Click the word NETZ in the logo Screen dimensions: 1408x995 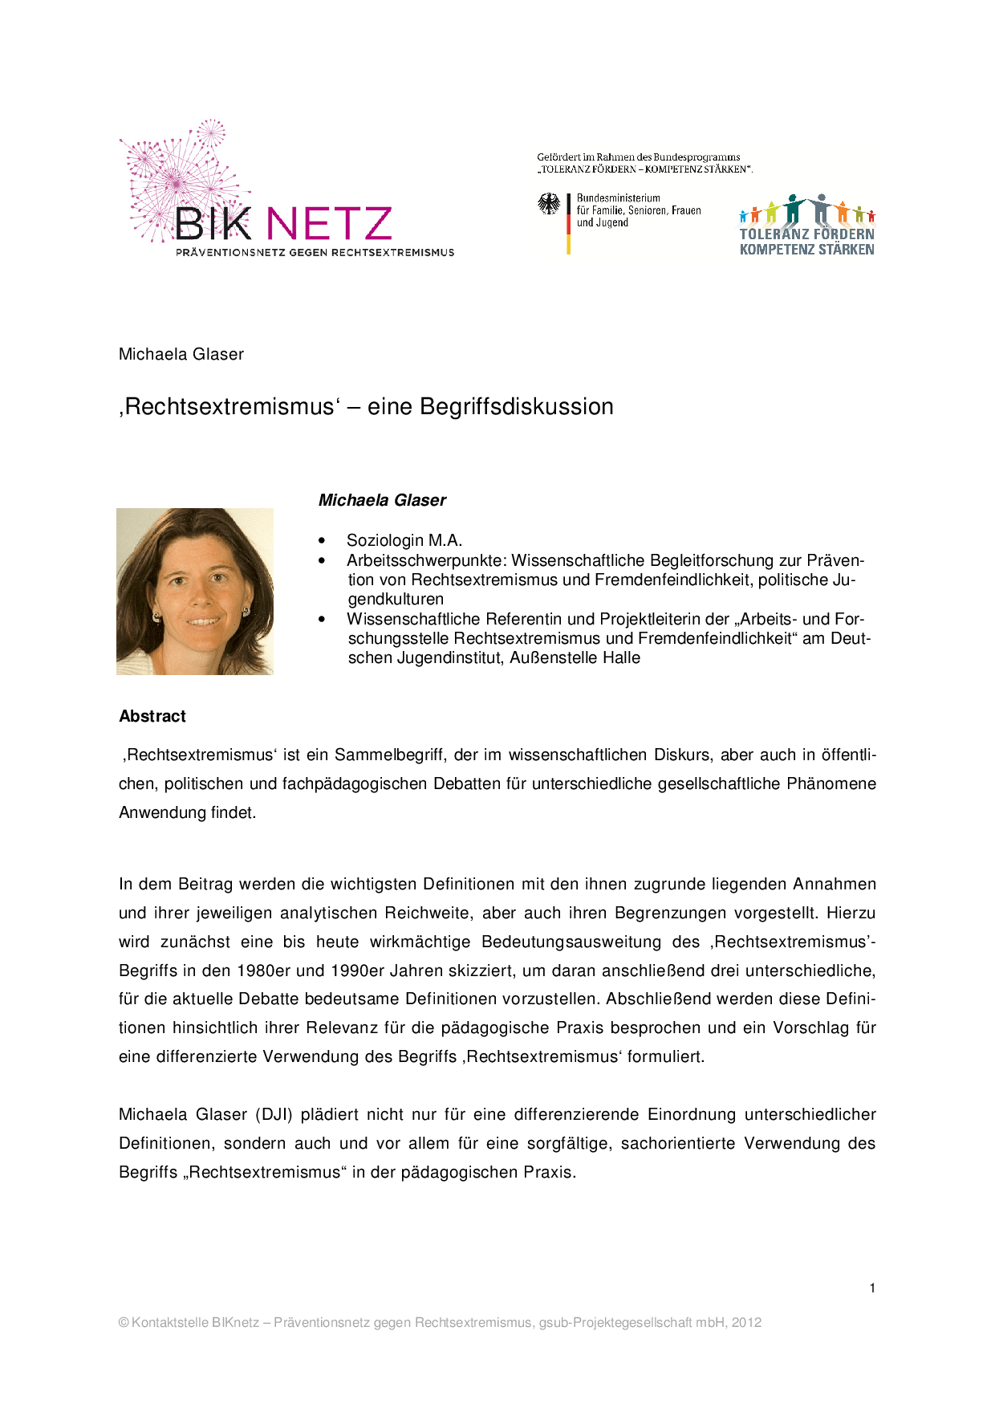pos(329,224)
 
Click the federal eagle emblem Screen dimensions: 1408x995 pos(549,204)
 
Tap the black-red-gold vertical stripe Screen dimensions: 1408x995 pos(568,224)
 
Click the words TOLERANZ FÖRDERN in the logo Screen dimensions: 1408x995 pos(806,234)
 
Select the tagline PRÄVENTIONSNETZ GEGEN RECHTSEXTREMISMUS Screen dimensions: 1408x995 pos(315,253)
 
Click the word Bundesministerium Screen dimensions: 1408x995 pos(618,198)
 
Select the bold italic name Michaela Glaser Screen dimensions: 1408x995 pos(382,500)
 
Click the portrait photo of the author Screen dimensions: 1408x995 pos(195,592)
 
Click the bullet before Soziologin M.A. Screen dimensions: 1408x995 pos(323,541)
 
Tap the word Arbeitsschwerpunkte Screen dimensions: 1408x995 pos(426,560)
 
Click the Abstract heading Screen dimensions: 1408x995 pos(152,716)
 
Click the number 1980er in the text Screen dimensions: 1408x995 pos(263,971)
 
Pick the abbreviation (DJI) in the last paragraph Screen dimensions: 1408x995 pos(274,1115)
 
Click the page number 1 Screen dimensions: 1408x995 pos(872,1288)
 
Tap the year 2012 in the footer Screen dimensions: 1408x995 pos(746,1322)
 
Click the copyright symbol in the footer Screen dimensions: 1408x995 pos(124,1322)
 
